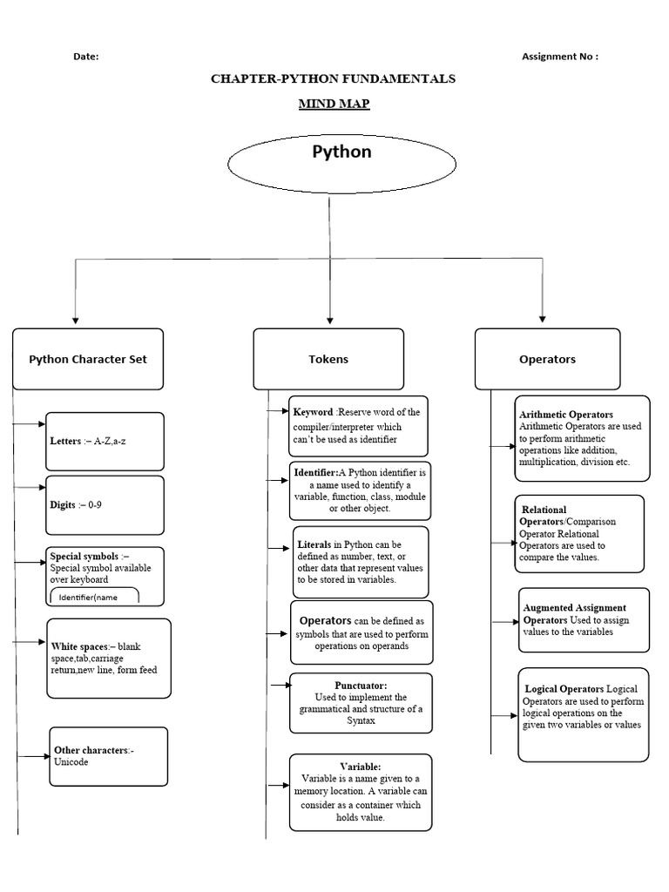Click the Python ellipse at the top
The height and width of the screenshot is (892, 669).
(341, 164)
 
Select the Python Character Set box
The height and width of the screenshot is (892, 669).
(88, 359)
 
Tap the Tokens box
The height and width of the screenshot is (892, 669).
(328, 359)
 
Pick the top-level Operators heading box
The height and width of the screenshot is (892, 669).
(547, 359)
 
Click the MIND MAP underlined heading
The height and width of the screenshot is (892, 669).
(334, 104)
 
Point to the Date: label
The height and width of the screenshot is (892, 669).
(86, 57)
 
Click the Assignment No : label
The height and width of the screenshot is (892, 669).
(560, 57)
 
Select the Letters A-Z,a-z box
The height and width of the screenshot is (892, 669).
(105, 442)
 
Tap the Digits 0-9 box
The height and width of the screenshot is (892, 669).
(105, 505)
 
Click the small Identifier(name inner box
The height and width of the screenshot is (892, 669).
(94, 596)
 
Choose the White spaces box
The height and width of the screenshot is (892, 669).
(109, 659)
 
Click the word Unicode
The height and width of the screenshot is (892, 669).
(71, 761)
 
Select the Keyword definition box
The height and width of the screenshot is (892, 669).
(358, 426)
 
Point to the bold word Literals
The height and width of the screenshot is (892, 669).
(314, 544)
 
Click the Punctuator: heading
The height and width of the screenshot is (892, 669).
(361, 686)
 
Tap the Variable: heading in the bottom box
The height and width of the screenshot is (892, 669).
(361, 767)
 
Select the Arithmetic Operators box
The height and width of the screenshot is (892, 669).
(582, 439)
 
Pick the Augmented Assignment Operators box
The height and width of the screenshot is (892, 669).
(584, 620)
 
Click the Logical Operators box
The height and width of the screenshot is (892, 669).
(583, 714)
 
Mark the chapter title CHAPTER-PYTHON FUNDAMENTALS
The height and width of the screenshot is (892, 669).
(334, 78)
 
